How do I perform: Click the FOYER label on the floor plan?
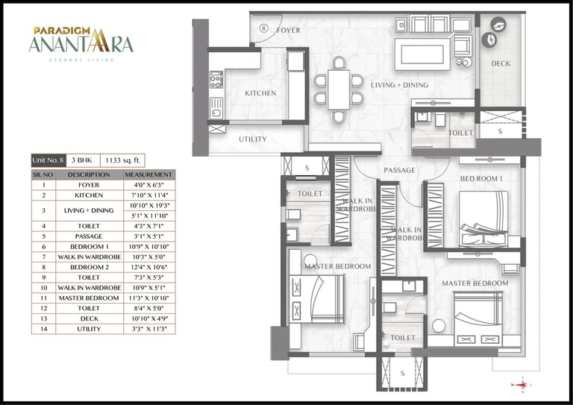click(288, 31)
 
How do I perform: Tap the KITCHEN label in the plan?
click(260, 94)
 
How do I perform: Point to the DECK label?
click(501, 64)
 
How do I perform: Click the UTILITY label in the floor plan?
click(253, 139)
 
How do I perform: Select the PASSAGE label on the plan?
click(399, 171)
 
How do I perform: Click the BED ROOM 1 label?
click(481, 180)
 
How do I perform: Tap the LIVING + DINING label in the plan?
click(400, 85)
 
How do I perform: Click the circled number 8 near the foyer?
click(263, 28)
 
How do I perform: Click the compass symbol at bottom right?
click(522, 384)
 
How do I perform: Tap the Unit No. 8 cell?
click(48, 160)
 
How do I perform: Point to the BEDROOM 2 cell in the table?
click(89, 266)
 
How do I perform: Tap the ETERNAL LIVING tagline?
click(81, 60)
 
